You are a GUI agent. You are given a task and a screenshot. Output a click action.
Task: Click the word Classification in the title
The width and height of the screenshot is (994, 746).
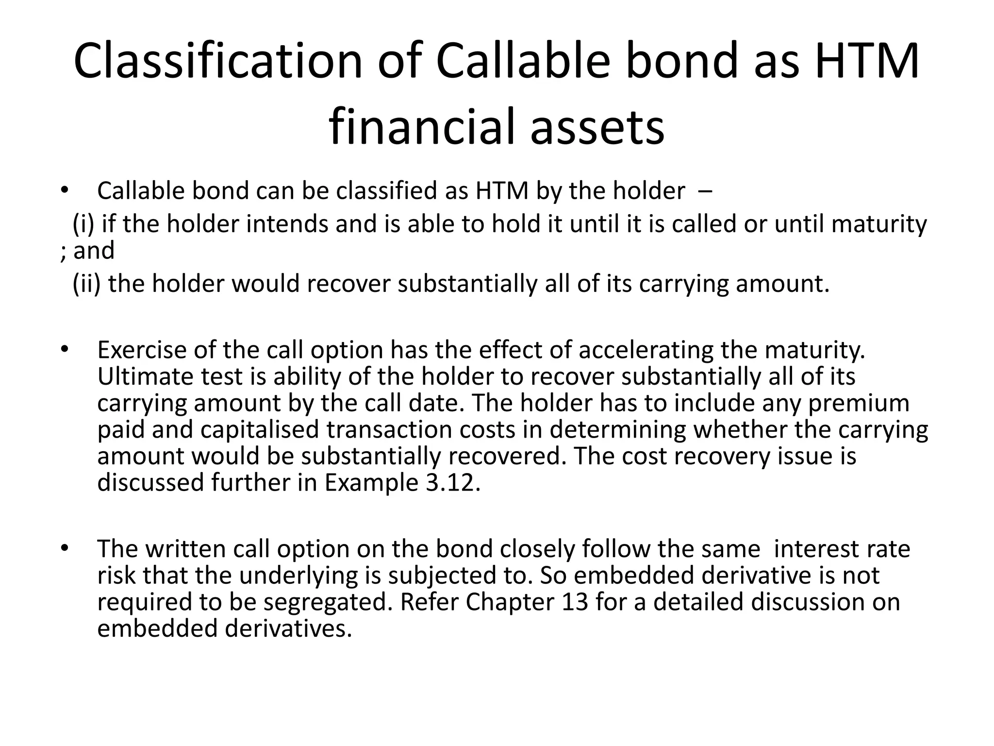218,62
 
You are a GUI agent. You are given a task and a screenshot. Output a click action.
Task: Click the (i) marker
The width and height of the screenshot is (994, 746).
83,224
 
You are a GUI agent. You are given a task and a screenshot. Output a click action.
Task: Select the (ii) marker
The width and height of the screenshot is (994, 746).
86,284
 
